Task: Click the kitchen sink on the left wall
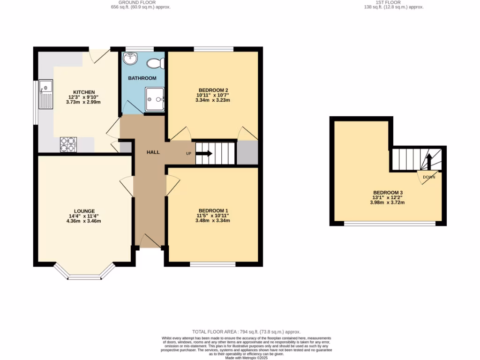pos(46,94)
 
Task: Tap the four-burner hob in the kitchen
pos(68,144)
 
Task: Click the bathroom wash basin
pos(129,59)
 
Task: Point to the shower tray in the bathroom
pos(155,99)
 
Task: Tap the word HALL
pos(153,152)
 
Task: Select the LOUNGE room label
pos(84,211)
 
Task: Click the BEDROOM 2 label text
pos(213,90)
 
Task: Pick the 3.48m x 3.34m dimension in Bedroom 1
pos(214,220)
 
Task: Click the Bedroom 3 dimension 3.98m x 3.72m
pos(388,202)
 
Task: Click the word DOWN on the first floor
pos(429,177)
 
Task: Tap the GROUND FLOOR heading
pos(141,2)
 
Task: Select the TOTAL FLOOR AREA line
pos(246,332)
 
